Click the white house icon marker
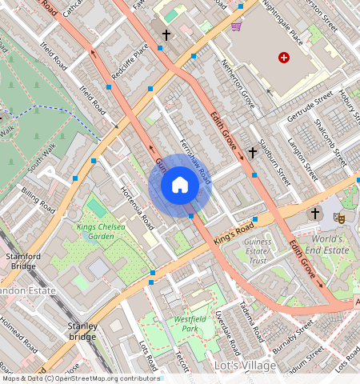click(x=180, y=186)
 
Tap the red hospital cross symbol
click(x=283, y=57)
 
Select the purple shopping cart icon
click(x=236, y=26)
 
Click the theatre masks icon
click(x=339, y=217)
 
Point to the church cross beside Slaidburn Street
click(x=252, y=151)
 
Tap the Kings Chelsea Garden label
click(x=102, y=232)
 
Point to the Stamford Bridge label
click(x=22, y=260)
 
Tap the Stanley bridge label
click(x=82, y=331)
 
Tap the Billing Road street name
click(x=38, y=202)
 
